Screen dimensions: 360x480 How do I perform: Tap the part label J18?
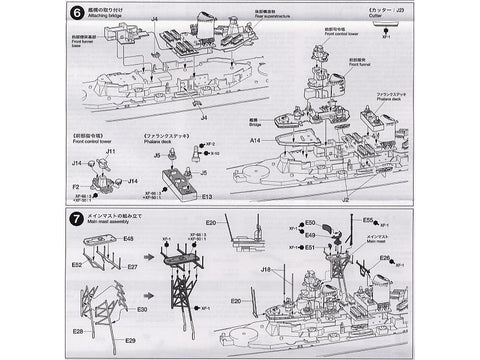click(x=266, y=269)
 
